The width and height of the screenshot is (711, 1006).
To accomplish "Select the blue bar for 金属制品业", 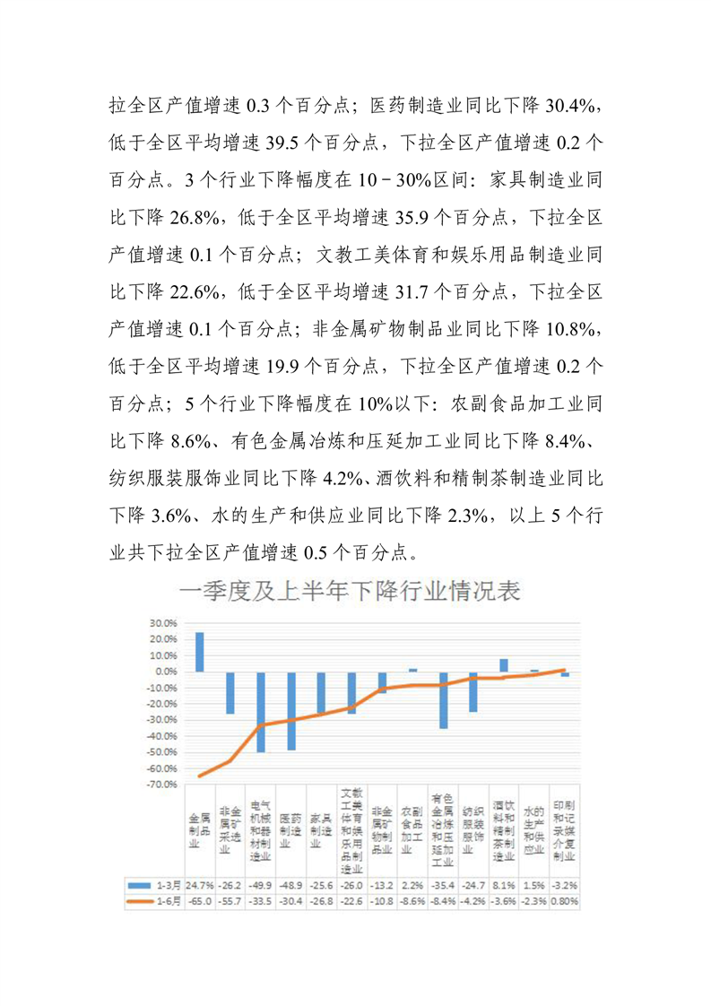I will click(200, 652).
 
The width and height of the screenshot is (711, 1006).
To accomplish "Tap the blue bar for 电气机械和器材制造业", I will click(261, 712).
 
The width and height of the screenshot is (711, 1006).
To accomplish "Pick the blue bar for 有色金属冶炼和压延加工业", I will click(443, 700).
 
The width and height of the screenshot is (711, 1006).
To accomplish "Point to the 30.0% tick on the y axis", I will click(163, 623).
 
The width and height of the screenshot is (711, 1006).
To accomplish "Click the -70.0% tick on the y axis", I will click(162, 785).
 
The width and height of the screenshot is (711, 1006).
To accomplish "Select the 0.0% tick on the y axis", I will click(166, 672).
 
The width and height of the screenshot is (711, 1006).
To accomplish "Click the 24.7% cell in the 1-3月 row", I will click(200, 884).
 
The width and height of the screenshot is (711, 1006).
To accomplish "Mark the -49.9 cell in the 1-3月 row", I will click(261, 884).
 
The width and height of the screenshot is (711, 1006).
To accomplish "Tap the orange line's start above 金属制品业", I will click(200, 776).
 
